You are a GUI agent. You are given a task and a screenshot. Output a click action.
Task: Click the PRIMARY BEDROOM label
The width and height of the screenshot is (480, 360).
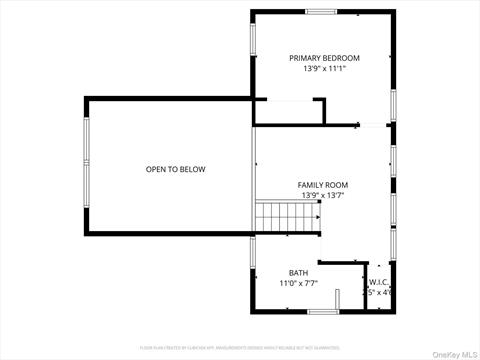point(324,58)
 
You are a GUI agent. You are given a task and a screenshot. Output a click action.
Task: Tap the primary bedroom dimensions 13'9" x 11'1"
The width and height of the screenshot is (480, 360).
point(324,69)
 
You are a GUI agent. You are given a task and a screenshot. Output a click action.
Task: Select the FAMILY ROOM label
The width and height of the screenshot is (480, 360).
point(322,185)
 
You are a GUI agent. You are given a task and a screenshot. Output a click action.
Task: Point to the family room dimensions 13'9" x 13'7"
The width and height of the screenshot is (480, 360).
point(322,196)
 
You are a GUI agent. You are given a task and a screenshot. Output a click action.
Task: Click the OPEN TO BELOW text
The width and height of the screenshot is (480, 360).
point(175,169)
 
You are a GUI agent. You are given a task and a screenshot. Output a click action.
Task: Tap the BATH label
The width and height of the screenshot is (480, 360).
point(298,273)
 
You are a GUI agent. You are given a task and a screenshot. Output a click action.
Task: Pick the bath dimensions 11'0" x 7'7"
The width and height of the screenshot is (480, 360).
point(298,284)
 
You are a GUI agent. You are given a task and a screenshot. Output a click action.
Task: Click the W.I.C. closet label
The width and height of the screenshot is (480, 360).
point(381,282)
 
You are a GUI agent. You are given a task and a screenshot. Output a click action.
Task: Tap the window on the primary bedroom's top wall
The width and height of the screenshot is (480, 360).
point(320,12)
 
